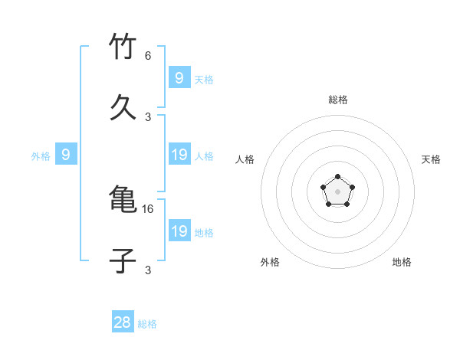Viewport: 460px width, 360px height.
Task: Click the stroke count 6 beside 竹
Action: pos(148,56)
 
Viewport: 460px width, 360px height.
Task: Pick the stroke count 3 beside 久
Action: pos(148,116)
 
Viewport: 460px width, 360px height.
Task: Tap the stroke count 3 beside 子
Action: pos(148,270)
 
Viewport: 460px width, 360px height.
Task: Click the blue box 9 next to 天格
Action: pos(179,78)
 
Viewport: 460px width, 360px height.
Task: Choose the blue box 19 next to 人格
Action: pos(179,155)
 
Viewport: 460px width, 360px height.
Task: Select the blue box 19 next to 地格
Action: pos(179,232)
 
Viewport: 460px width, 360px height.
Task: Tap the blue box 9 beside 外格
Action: pos(66,155)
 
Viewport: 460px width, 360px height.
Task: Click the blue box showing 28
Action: pos(123,322)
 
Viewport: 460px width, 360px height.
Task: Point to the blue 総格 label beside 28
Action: pos(147,324)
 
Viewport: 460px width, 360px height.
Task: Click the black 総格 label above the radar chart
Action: pos(338,100)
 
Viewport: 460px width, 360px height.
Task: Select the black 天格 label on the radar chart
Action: pos(431,159)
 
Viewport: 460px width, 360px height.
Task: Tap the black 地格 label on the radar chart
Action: pos(402,262)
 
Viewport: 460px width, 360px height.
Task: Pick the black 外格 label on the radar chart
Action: pos(270,262)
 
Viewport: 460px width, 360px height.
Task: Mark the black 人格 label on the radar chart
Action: pos(245,159)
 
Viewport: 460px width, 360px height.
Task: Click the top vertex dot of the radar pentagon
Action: pos(337,178)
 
